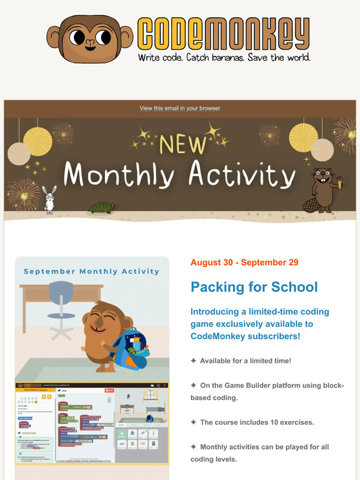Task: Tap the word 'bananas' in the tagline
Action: (x=224, y=58)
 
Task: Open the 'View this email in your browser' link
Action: (x=180, y=109)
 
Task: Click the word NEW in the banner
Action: (x=182, y=144)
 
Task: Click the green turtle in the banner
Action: (x=102, y=207)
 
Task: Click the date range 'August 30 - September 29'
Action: (x=245, y=262)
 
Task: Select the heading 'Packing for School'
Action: (x=254, y=287)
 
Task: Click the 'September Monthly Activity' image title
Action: (x=91, y=271)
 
